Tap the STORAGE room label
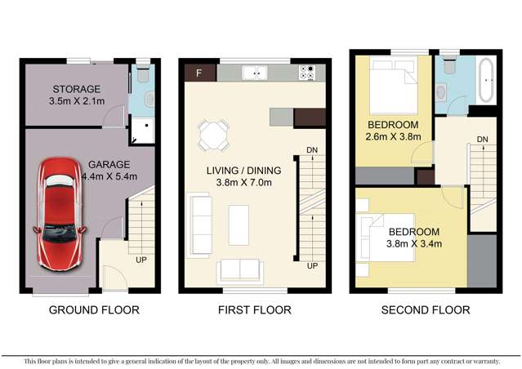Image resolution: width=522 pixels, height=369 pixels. pos(76,89)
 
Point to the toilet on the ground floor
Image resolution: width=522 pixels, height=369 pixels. pos(141,77)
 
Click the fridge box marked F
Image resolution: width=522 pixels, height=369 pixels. pos(199,73)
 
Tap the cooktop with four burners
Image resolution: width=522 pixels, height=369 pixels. pos(308,73)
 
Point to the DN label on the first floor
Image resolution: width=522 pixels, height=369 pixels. pos(312,150)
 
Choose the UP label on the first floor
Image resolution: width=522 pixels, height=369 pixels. pos(311,266)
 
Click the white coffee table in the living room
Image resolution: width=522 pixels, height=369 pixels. pos(239,224)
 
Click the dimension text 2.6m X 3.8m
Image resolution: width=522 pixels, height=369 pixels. pos(393,137)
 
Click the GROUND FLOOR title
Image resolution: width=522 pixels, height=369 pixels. pos(94,310)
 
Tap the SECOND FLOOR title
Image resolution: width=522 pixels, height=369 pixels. pos(426,310)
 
